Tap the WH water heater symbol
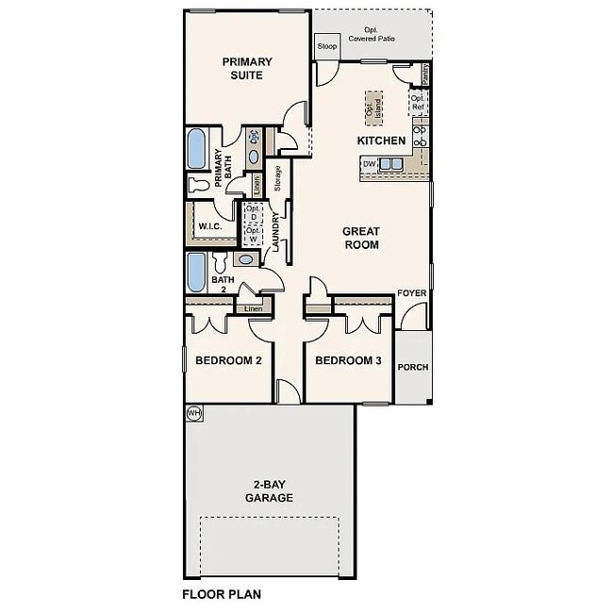tap(194, 412)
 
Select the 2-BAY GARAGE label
tap(269, 491)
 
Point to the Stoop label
tap(327, 45)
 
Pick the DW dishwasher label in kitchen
tap(369, 164)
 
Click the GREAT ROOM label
tap(360, 238)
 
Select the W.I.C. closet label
tap(208, 226)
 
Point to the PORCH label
tap(412, 369)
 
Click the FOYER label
tap(412, 293)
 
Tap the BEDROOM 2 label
tap(228, 360)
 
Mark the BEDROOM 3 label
tap(348, 360)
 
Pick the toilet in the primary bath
tap(199, 183)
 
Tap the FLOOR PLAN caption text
tap(221, 595)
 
